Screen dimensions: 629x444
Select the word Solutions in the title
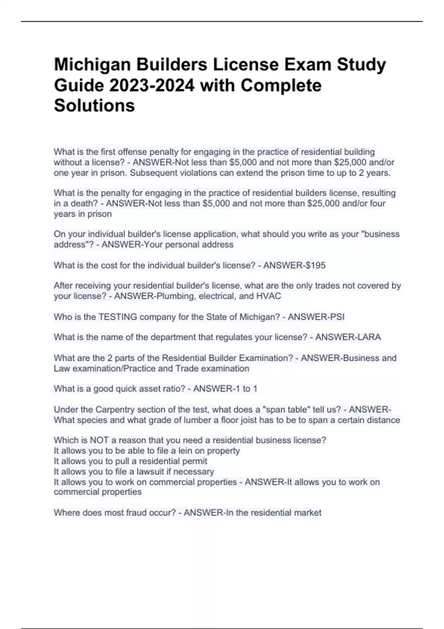94,106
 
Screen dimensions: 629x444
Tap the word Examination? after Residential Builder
266,358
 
